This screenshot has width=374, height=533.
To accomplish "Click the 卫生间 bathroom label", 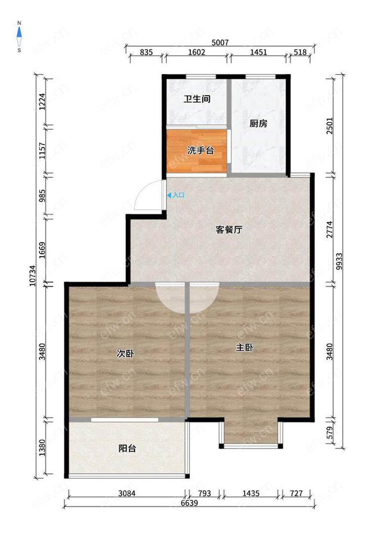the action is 197,99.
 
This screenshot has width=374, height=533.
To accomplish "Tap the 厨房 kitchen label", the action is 258,123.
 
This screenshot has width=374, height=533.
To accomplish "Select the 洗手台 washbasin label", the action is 200,150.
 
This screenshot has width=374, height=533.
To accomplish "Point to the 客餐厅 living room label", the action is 229,230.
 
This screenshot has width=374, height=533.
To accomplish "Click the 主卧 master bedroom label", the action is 245,347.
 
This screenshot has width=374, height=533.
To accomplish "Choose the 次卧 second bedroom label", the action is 125,354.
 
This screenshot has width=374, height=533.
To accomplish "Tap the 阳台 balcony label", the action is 127,448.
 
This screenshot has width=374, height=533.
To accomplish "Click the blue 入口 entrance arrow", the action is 169,195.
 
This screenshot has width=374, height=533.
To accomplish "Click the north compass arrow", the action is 19,33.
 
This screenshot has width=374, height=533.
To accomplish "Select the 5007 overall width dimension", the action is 220,42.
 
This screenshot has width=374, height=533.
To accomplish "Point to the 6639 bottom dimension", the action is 189,503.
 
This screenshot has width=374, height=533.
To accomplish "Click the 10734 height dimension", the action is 33,276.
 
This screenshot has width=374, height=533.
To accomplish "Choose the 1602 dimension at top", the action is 196,52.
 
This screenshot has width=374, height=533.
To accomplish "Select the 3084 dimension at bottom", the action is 127,493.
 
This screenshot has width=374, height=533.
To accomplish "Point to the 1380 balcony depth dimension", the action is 42,448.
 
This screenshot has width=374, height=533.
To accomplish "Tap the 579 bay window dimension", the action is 330,432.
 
